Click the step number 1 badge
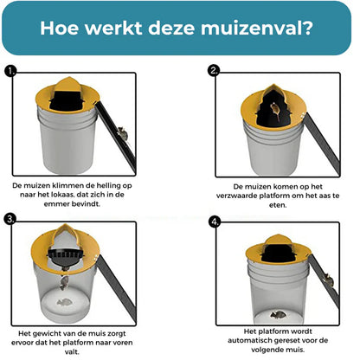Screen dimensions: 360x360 pos(10,70)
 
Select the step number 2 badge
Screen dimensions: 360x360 pos(214,70)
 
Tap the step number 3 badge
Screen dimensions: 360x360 pos(10,220)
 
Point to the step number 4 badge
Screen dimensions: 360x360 pos(214,220)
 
